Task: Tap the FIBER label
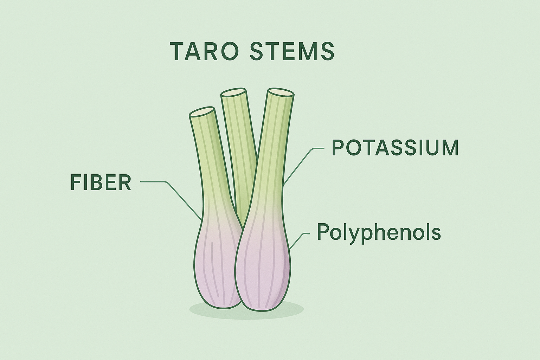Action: pos(101,183)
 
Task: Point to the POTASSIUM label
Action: pos(396,148)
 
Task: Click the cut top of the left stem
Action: pos(202,112)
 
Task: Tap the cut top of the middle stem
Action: pos(233,93)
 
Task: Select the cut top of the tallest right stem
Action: pos(281,92)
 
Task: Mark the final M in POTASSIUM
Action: pos(450,148)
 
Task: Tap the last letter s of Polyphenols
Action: pos(436,233)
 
